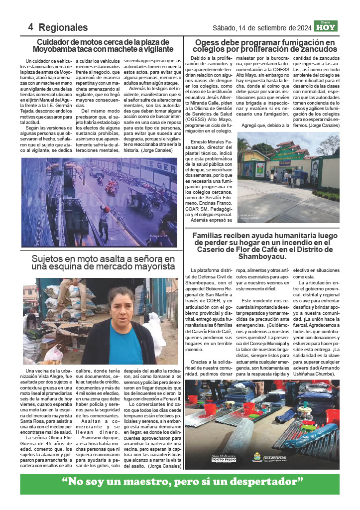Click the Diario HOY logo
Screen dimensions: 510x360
329,26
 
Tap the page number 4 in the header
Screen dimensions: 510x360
31,27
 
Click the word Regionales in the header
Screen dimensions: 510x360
63,27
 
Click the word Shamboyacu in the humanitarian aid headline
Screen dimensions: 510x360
262,257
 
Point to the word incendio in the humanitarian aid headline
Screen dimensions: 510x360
294,243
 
